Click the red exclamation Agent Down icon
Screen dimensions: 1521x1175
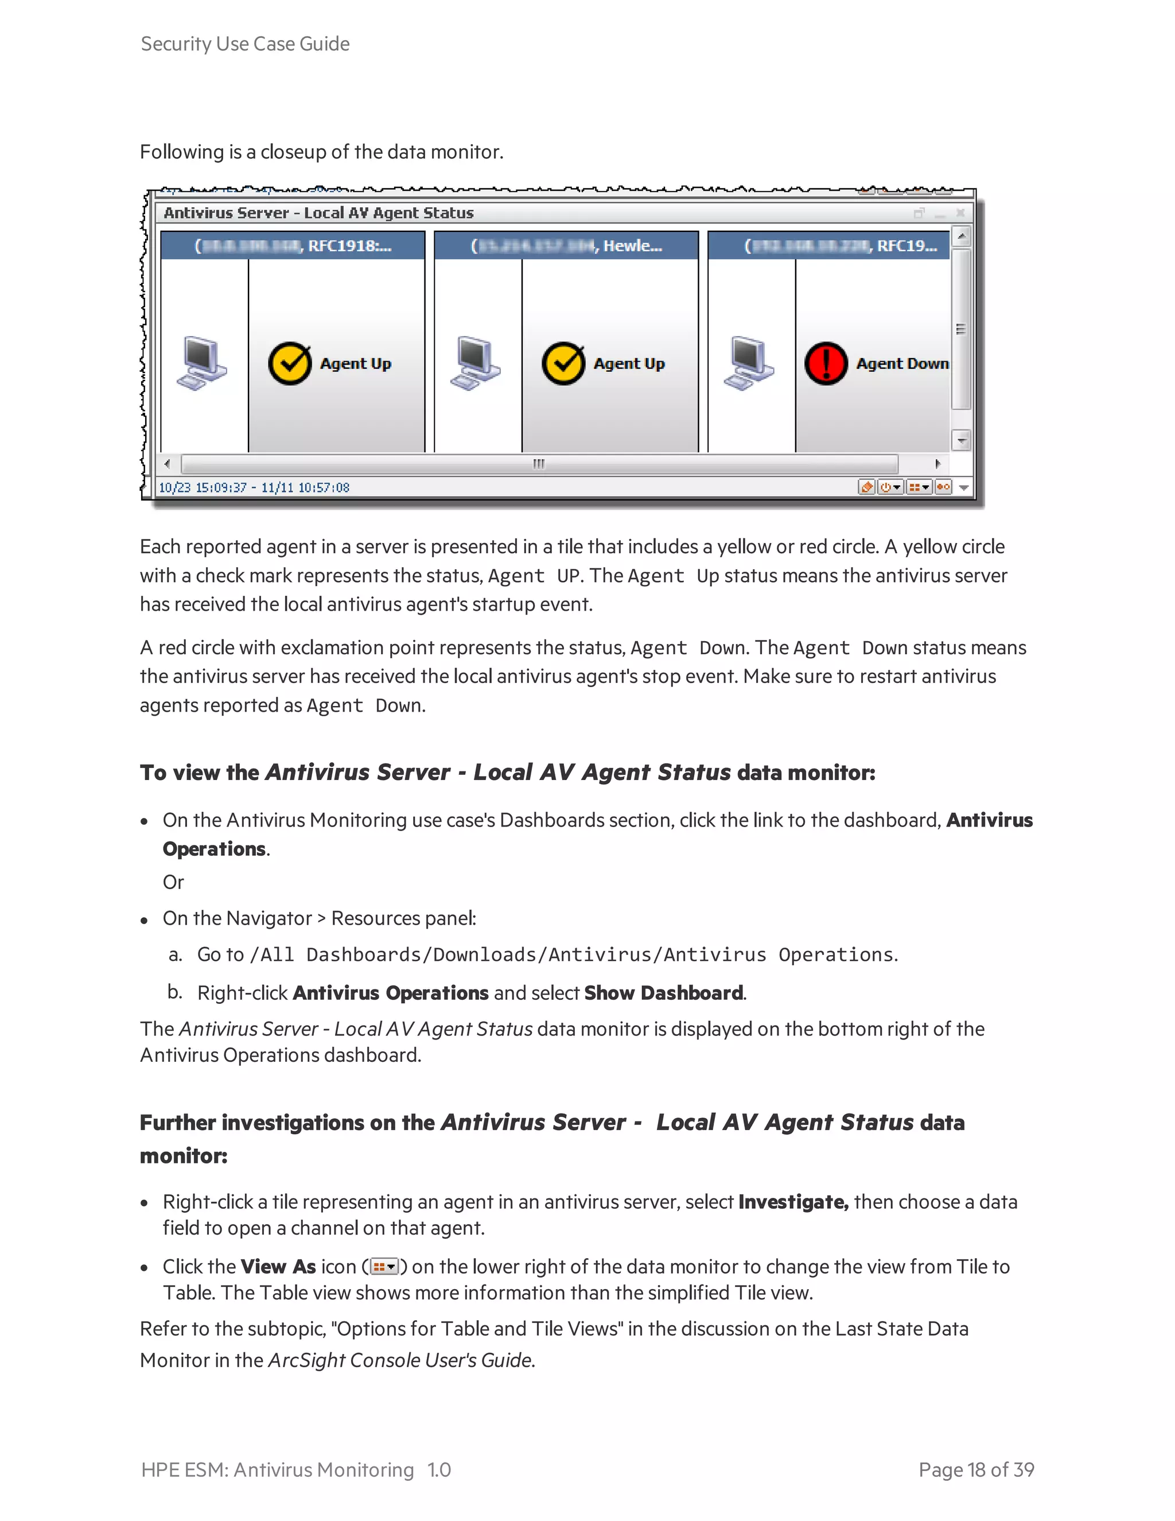click(x=826, y=363)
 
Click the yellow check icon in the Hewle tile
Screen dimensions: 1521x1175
click(x=563, y=363)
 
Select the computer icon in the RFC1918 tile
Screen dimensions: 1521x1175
click(x=201, y=363)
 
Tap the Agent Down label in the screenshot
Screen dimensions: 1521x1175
click(x=902, y=363)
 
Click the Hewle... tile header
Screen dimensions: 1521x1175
click(x=566, y=246)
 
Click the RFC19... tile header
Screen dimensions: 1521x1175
click(x=828, y=246)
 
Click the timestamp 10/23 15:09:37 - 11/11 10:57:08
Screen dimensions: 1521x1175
click(x=254, y=487)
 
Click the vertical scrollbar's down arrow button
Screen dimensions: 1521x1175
click(x=962, y=440)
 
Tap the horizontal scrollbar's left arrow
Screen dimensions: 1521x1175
click(x=167, y=464)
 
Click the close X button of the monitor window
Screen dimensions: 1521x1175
click(x=960, y=213)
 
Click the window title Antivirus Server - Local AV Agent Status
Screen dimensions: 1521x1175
click(x=319, y=213)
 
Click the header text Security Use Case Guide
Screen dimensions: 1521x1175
click(x=245, y=44)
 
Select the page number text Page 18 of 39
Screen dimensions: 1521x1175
click(x=976, y=1469)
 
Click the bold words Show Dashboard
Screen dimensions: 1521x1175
click(x=663, y=992)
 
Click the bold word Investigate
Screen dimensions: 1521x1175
click(x=792, y=1202)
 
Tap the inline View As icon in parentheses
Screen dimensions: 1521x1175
click(x=384, y=1266)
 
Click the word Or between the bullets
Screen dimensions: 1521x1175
click(x=173, y=882)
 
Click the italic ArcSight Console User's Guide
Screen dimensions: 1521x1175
click(x=401, y=1360)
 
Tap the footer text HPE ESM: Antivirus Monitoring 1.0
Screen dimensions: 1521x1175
click(x=296, y=1469)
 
